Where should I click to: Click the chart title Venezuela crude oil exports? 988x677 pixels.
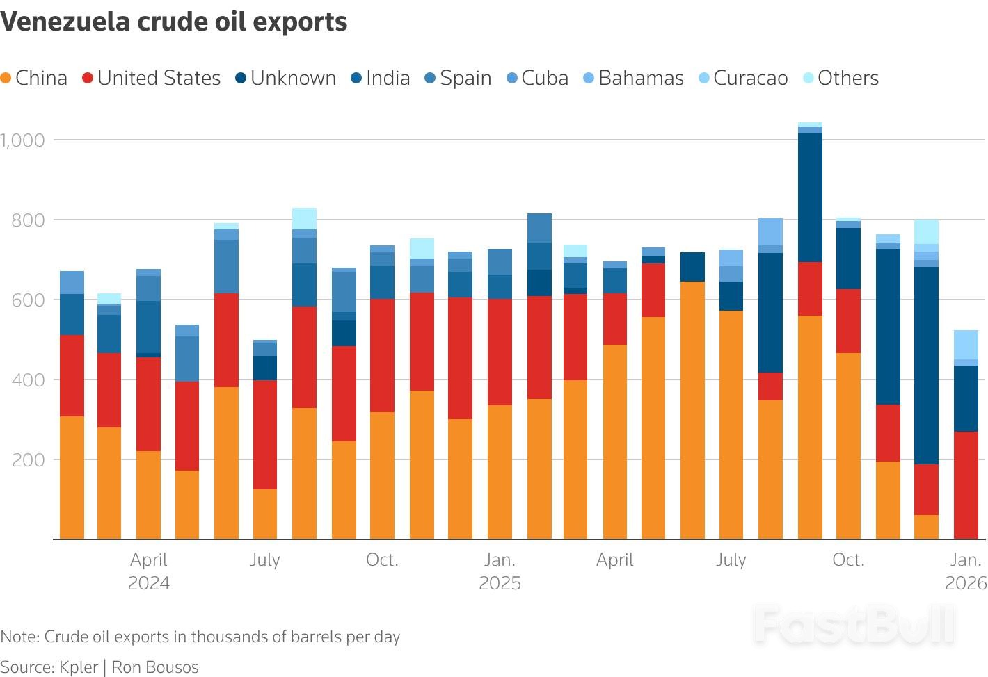pos(174,22)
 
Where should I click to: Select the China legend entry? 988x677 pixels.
pos(34,78)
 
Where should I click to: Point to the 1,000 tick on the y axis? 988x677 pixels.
pos(23,140)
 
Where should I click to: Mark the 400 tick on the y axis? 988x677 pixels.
pos(28,380)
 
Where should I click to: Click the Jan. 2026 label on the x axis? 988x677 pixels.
pos(966,571)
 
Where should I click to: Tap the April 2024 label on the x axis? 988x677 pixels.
pos(149,571)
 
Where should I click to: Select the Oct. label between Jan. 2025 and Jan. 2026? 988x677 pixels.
pos(848,560)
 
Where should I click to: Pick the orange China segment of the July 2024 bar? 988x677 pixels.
pos(265,514)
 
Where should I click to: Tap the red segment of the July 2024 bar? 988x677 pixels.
pos(265,434)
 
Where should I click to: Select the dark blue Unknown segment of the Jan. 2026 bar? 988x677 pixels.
pos(966,398)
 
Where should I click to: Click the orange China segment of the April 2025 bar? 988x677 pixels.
pos(615,441)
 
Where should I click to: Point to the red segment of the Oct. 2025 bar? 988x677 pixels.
pos(848,321)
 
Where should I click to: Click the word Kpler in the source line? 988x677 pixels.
pos(79,667)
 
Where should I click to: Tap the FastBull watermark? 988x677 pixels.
pos(854,624)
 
